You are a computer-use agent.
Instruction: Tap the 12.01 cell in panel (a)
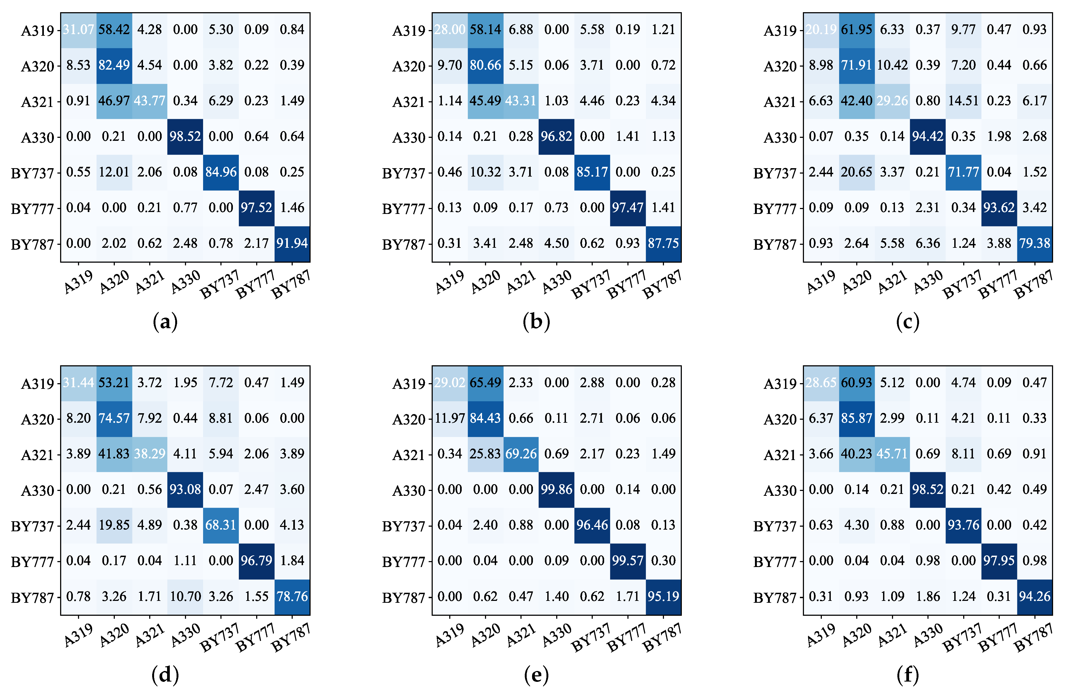tap(114, 172)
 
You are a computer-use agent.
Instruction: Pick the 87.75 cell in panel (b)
tap(663, 243)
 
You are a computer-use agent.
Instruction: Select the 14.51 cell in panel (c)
tap(963, 101)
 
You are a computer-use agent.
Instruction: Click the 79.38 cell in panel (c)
tap(1035, 243)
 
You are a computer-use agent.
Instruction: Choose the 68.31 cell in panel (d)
tap(221, 525)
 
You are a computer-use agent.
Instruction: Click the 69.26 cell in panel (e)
tap(521, 454)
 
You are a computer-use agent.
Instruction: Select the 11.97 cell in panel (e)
tap(450, 418)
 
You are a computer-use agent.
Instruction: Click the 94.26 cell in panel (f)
tap(1035, 596)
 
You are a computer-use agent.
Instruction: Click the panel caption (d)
tap(165, 675)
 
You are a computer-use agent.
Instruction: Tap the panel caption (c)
tap(907, 322)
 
